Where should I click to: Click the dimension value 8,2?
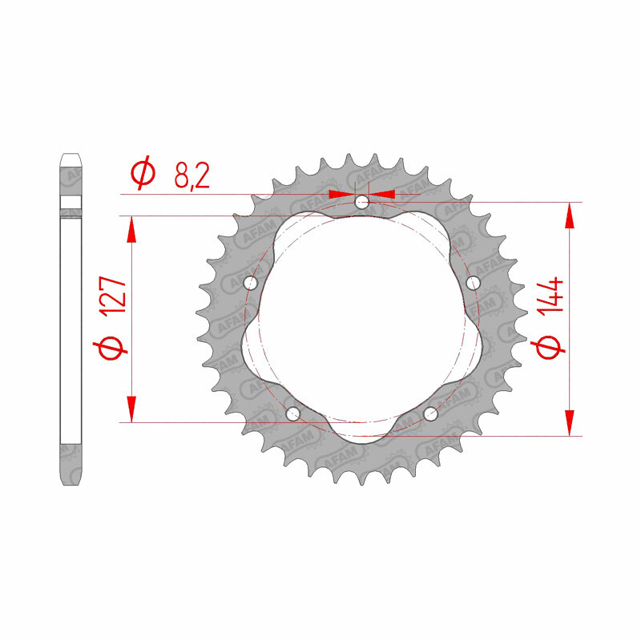[x=191, y=175]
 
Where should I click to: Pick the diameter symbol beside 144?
[x=552, y=347]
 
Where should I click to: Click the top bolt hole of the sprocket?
[x=362, y=202]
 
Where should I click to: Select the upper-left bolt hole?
[x=249, y=282]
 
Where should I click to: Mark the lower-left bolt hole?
[x=293, y=413]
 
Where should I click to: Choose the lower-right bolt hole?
[x=431, y=413]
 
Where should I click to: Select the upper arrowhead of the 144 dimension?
[x=570, y=214]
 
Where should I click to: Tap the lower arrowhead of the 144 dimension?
[x=570, y=424]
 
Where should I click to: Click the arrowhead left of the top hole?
[x=341, y=194]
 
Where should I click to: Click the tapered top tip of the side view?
[x=71, y=158]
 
